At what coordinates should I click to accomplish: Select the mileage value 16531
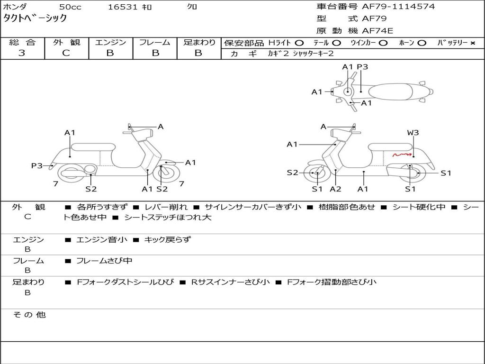point(122,7)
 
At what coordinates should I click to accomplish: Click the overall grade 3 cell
point(22,53)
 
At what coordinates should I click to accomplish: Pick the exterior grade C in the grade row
point(66,53)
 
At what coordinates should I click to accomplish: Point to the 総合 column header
point(22,43)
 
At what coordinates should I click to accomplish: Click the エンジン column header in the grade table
point(110,43)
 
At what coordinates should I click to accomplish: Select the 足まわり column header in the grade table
point(199,43)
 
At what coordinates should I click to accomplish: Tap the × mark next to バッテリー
point(472,43)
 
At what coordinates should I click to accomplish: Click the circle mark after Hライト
point(299,43)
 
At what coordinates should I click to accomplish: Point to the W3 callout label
point(413,133)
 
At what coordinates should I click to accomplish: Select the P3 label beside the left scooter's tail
point(37,166)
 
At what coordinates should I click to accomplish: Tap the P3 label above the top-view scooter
point(362,67)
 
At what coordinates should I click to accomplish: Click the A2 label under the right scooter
point(336,189)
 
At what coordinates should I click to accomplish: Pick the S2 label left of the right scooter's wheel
point(292,173)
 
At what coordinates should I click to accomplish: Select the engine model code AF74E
point(377,31)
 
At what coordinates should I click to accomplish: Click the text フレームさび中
point(104,261)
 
